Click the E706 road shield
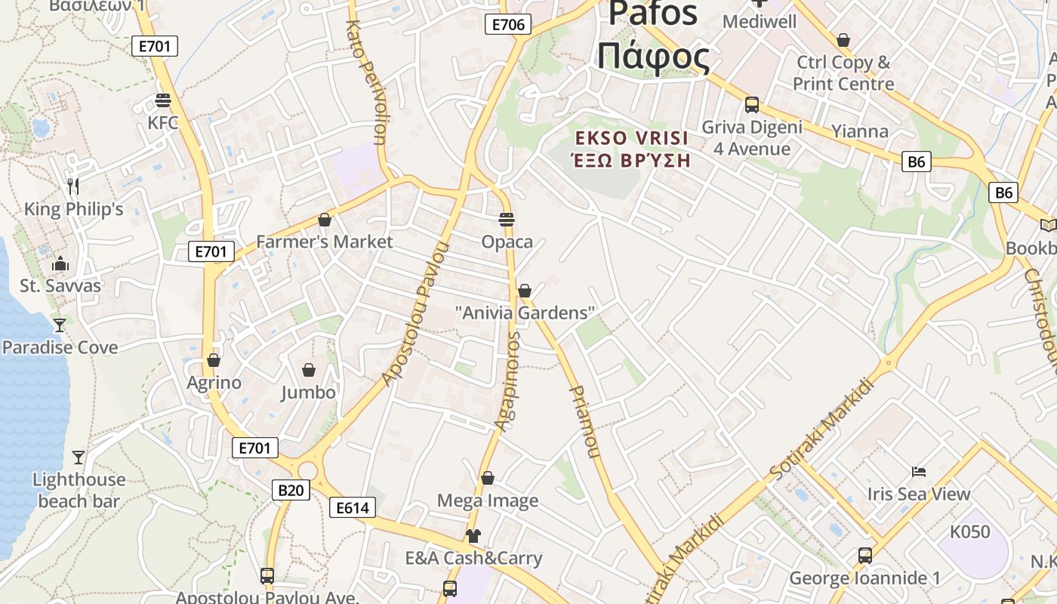tap(508, 24)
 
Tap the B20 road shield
tap(291, 491)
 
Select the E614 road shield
tap(353, 508)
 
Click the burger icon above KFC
tap(163, 100)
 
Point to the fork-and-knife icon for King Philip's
tap(73, 186)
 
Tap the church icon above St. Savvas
tap(60, 263)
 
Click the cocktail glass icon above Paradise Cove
tap(60, 325)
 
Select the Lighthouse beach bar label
tap(79, 490)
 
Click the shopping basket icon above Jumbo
tap(309, 370)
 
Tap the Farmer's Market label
tap(325, 242)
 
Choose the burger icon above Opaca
tap(507, 220)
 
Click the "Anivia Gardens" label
tap(525, 313)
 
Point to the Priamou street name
tap(584, 422)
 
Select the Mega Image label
tap(488, 501)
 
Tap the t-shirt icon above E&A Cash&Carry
tap(473, 536)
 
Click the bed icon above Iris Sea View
tap(918, 472)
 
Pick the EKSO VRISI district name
tap(632, 138)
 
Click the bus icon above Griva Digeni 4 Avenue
tap(752, 104)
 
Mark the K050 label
tap(969, 532)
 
